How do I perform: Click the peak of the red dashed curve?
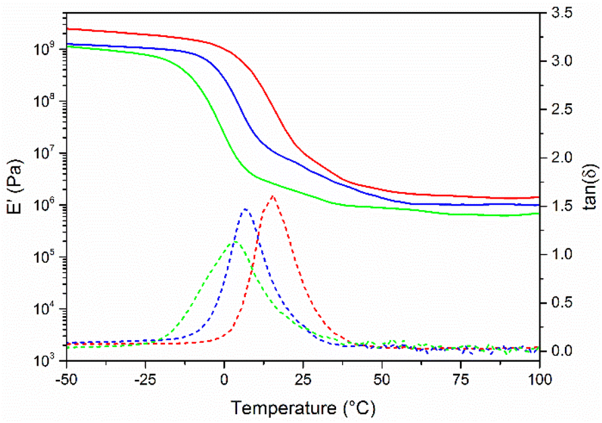pyautogui.click(x=273, y=196)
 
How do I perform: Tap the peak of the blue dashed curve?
pyautogui.click(x=245, y=209)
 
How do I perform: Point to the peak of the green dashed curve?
pyautogui.click(x=235, y=241)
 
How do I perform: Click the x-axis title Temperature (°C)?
pyautogui.click(x=303, y=408)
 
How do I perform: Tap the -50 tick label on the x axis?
pyautogui.click(x=66, y=377)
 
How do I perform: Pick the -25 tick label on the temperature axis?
pyautogui.click(x=145, y=377)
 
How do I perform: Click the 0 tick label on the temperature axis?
pyautogui.click(x=224, y=377)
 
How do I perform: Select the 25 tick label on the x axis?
pyautogui.click(x=303, y=377)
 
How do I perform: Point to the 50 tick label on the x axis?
pyautogui.click(x=382, y=377)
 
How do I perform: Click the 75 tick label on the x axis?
pyautogui.click(x=461, y=377)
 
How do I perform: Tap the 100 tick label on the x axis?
pyautogui.click(x=539, y=377)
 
